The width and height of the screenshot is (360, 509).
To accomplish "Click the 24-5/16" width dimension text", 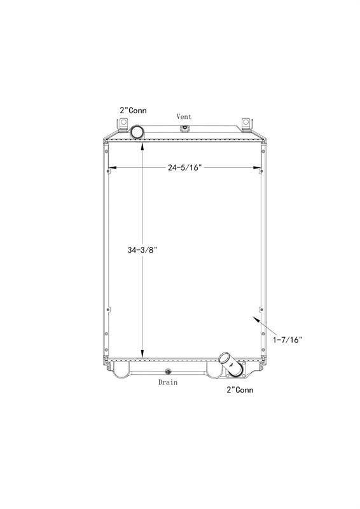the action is pos(184,167).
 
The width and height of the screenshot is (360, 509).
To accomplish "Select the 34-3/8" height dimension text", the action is pos(142,250).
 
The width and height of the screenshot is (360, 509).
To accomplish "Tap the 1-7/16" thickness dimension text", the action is pos(287,340).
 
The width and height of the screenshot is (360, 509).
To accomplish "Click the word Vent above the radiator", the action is pos(184,116).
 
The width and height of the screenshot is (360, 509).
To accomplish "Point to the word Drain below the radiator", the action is pos(168,382).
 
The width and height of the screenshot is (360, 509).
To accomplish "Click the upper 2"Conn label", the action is pos(133,110).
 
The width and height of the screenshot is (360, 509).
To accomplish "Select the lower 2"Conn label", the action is pos(240,389).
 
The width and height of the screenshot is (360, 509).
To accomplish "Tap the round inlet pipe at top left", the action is pos(137,132).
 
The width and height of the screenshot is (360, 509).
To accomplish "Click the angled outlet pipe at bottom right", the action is pos(231,364).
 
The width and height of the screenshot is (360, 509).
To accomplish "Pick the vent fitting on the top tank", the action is pos(184,128).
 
